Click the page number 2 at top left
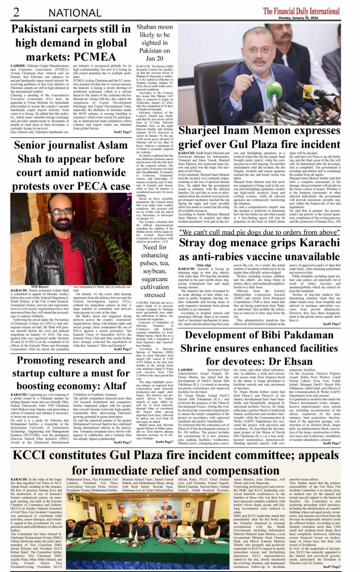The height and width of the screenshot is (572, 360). click(16, 12)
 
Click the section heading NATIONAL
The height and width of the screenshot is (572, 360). click(75, 13)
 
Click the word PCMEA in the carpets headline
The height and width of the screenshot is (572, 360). click(94, 57)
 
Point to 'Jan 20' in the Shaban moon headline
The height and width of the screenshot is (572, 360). click(155, 58)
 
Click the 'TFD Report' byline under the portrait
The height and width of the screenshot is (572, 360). click(40, 286)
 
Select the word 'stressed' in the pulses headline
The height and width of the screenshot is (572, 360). click(155, 295)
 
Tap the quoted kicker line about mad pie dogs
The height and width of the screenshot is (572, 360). click(259, 232)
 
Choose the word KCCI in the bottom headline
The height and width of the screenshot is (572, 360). click(30, 455)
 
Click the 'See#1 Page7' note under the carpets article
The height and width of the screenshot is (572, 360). click(122, 132)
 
